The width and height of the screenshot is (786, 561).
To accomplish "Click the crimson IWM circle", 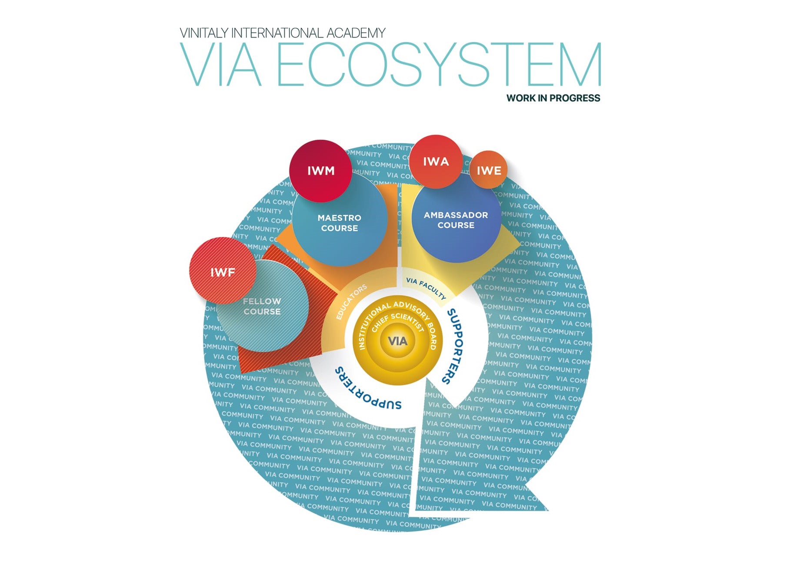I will (320, 171).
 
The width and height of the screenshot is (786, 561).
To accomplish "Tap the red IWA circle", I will (436, 162).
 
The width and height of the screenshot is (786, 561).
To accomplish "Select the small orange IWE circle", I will (489, 170).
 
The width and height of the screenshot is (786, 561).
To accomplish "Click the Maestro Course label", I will (339, 223).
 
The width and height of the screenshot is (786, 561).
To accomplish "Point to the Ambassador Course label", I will (456, 220).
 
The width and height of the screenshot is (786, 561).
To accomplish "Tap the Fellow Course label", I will (262, 306).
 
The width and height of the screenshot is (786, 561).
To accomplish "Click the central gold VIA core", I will (397, 341).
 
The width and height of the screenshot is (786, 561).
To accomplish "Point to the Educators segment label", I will (351, 302).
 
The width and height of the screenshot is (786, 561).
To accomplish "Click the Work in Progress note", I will (553, 98).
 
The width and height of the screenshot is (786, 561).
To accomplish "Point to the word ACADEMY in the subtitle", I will (356, 33).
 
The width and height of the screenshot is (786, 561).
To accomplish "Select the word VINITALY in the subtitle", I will (203, 33).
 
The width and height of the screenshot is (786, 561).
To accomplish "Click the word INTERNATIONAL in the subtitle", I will (277, 33).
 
